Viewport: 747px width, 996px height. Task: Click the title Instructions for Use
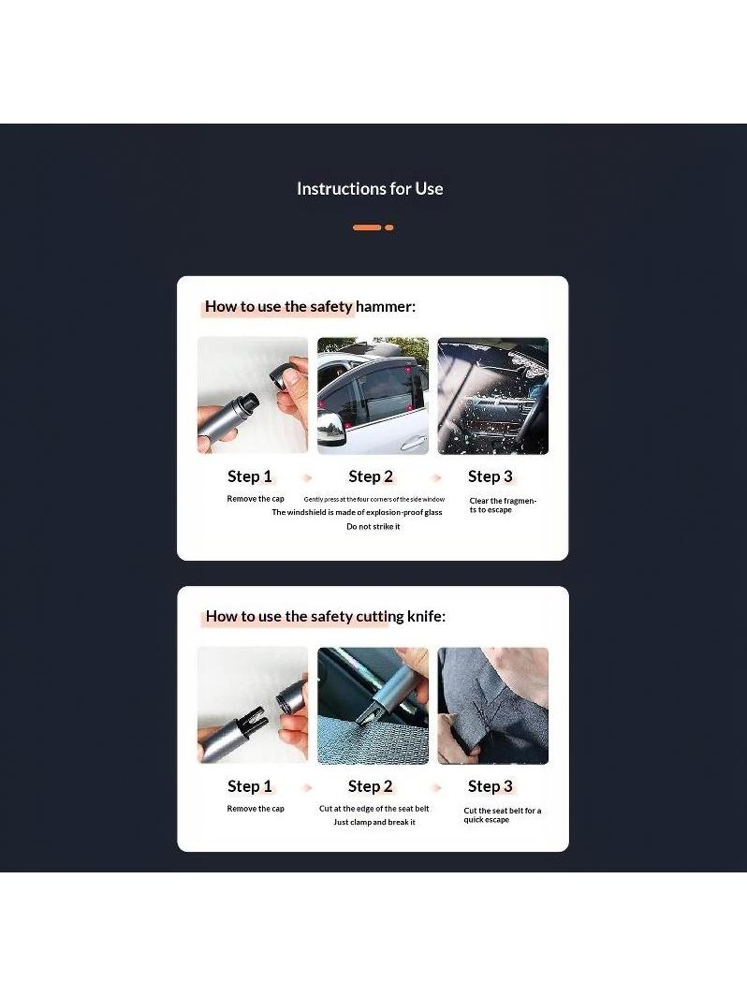tap(370, 189)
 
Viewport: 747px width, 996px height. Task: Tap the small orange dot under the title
tap(389, 227)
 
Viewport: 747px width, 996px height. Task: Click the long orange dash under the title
tap(367, 227)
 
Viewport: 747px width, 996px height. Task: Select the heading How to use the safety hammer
tap(310, 307)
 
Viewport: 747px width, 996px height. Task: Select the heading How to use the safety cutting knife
tap(325, 616)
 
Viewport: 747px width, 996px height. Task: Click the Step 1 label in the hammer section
tap(250, 476)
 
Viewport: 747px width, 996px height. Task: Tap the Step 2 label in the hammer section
tap(371, 476)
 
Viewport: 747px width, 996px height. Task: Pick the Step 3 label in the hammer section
tap(491, 476)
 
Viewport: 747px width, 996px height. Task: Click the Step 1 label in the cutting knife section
tap(250, 786)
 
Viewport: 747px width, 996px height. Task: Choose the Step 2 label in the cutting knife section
tap(371, 786)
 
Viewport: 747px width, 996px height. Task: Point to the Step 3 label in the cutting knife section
tap(491, 786)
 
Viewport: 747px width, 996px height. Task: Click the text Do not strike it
tap(373, 527)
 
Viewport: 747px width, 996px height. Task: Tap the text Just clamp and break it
tap(374, 822)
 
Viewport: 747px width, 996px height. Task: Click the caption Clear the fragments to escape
tap(503, 505)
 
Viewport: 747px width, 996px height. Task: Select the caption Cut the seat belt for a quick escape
tap(502, 815)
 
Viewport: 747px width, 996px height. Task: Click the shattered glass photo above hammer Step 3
tap(493, 396)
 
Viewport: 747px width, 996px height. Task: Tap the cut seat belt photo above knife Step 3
tap(493, 706)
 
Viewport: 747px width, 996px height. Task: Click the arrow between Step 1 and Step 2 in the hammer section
tap(308, 477)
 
